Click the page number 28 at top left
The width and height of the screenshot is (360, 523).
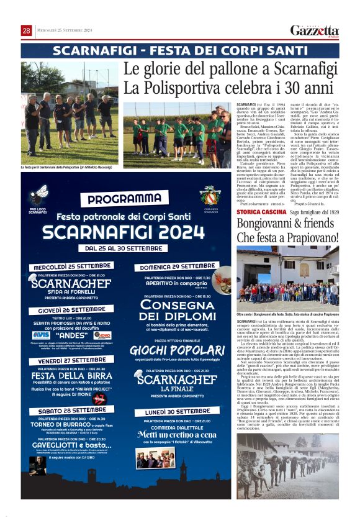(26, 30)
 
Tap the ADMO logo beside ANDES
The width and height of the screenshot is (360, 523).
(102, 334)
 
